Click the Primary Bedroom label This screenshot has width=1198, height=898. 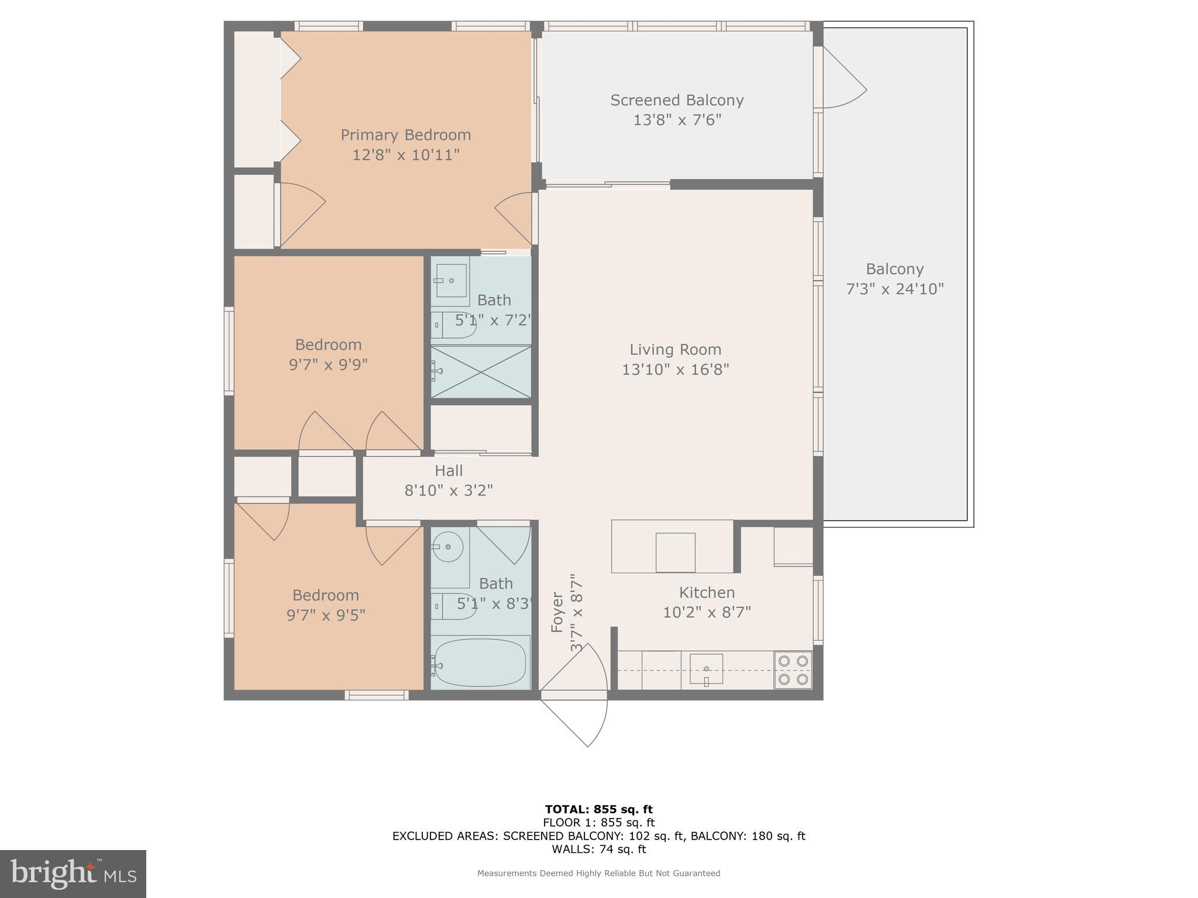coord(405,135)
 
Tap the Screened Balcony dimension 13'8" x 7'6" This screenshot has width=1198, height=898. coord(677,120)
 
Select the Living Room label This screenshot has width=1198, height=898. coord(675,350)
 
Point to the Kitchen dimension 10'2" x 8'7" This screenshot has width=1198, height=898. coord(707,612)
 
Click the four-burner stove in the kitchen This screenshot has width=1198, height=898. coord(793,670)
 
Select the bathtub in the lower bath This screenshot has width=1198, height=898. coord(480,663)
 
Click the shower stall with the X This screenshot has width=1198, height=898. coord(481,372)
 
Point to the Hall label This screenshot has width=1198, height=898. coord(449,471)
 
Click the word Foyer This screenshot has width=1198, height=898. coord(557,612)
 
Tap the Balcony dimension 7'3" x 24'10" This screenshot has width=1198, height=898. coord(895,289)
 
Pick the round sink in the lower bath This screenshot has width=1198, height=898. coord(447,547)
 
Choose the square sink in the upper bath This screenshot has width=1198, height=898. coord(451,280)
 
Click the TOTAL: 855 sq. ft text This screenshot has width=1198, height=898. coord(598,810)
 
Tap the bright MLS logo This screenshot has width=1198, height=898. coord(73,874)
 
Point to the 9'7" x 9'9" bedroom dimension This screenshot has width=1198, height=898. coord(328,365)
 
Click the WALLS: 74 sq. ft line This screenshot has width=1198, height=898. coord(598,849)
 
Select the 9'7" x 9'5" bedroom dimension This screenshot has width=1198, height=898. coord(326,615)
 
